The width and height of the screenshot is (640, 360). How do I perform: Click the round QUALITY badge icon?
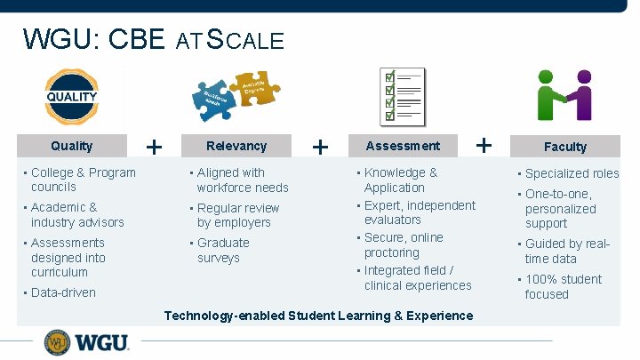(72, 96)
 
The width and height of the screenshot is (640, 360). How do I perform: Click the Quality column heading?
(72, 146)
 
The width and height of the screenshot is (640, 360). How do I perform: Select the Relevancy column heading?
(236, 146)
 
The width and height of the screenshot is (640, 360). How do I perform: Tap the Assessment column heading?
(403, 146)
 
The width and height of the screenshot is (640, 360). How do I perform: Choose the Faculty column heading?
(565, 147)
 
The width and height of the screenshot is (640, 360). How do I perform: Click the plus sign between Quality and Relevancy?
(155, 146)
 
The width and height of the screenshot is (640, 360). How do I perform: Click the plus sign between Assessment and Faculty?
(484, 143)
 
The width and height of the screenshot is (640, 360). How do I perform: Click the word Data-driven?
(63, 292)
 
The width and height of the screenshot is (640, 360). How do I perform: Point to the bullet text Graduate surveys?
(222, 250)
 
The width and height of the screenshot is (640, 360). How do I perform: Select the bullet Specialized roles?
(572, 173)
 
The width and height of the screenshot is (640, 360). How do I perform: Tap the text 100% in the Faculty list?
(541, 279)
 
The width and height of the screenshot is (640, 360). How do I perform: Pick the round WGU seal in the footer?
(58, 342)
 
